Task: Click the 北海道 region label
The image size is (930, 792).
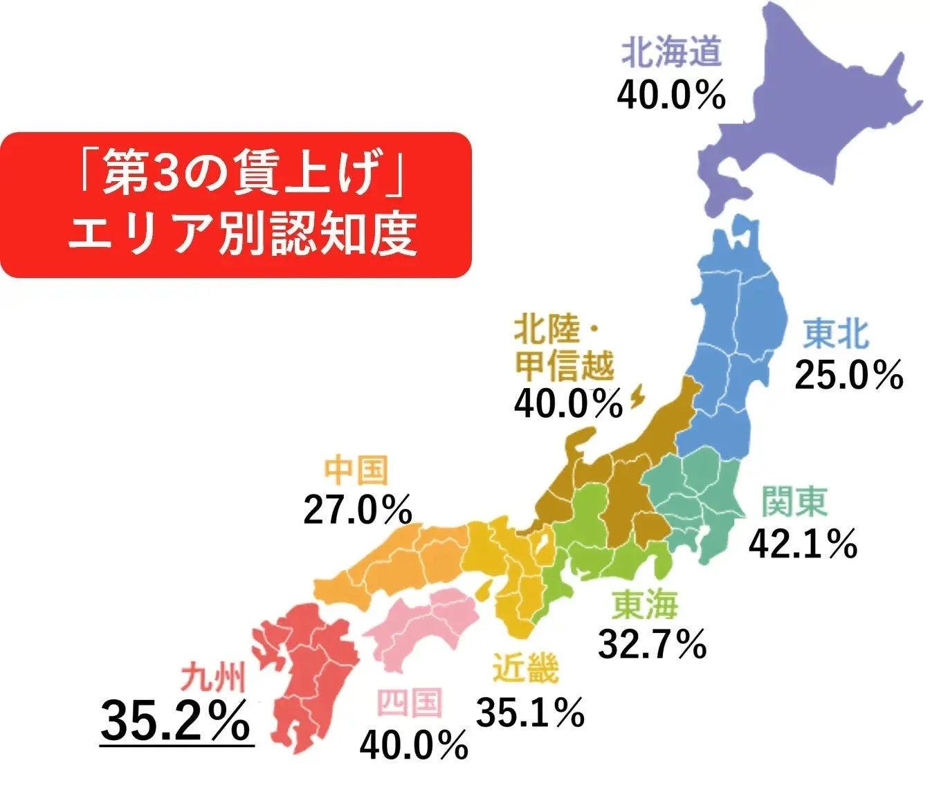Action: pos(671,53)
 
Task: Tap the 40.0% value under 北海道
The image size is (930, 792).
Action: pos(671,95)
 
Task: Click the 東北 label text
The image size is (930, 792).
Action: pos(835,334)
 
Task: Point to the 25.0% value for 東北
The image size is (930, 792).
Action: pos(848,376)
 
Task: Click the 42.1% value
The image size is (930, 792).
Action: pos(803,544)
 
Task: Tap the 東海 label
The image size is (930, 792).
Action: pos(645,605)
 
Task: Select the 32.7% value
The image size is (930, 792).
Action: pos(652,645)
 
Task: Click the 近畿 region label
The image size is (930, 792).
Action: pos(525,669)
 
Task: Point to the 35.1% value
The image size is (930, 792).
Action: pos(530,712)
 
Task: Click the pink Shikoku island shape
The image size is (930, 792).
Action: pos(422,626)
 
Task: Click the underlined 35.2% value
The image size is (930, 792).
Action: pos(176,721)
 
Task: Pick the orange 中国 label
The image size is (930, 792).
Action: pos(356,470)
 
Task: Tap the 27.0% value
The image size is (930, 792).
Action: pos(358,510)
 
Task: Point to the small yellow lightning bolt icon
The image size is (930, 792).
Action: pos(637,398)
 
